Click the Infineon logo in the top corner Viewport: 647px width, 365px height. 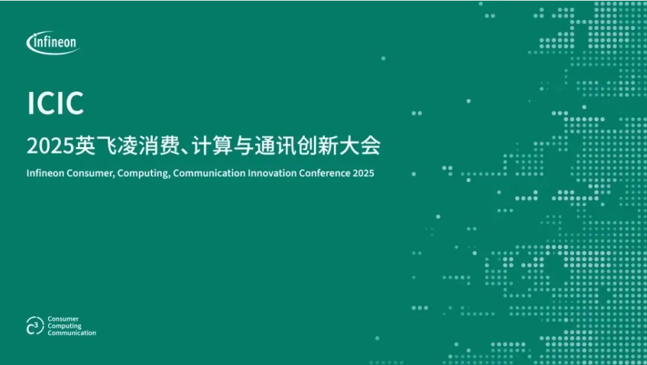[x=52, y=43]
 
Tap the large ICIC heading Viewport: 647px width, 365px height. [x=55, y=103]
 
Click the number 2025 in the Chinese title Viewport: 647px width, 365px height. [x=51, y=146]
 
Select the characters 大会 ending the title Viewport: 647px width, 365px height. [x=360, y=146]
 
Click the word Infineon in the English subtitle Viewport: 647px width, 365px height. [x=45, y=173]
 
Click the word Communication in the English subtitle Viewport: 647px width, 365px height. [x=209, y=173]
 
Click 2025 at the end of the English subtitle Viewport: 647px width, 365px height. [x=364, y=173]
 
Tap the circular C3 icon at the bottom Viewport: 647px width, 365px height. [x=35, y=326]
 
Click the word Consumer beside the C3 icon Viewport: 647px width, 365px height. [x=63, y=319]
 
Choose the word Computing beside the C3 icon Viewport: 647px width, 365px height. [x=65, y=326]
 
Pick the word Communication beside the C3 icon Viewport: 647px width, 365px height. [x=72, y=333]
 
